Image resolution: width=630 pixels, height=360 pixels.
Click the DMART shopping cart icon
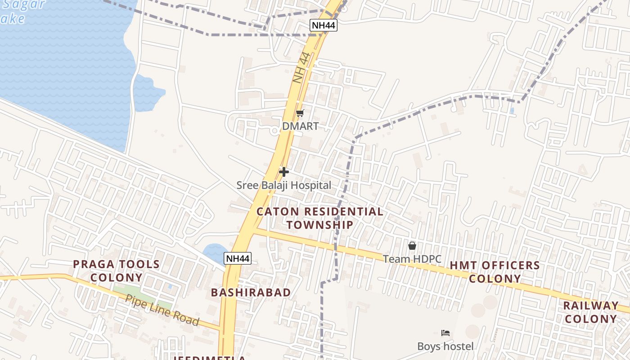(x=300, y=113)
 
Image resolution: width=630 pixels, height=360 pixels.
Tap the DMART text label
(x=300, y=126)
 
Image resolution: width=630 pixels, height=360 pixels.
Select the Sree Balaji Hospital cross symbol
(x=284, y=172)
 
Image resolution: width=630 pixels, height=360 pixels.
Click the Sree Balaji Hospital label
(x=284, y=185)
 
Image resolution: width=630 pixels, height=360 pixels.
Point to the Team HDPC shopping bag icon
(x=412, y=246)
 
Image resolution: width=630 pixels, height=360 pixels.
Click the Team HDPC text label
(x=412, y=259)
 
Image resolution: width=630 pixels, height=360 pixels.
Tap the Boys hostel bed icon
(x=445, y=333)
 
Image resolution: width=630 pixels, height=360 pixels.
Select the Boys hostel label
(x=445, y=346)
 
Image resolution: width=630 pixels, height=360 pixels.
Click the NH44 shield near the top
(x=324, y=25)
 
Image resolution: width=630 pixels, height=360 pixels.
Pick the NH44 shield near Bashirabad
(x=238, y=258)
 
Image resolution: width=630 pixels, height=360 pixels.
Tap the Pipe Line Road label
(x=162, y=310)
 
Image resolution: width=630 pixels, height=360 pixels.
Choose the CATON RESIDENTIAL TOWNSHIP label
(x=320, y=218)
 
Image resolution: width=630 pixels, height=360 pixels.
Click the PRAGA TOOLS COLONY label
(x=116, y=271)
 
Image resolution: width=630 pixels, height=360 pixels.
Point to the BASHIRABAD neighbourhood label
(x=251, y=292)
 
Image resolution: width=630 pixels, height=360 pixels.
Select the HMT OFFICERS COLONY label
(x=495, y=272)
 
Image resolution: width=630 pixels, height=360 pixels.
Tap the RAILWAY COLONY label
(x=591, y=312)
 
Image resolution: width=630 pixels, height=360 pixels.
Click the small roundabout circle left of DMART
(x=275, y=131)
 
